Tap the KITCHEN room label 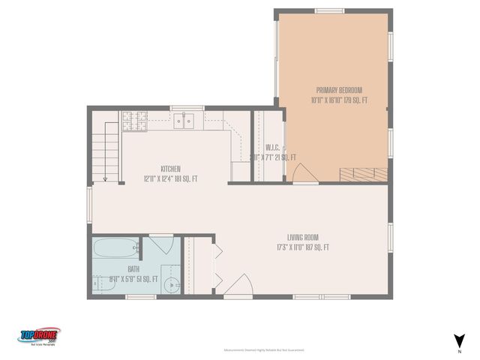pos(170,169)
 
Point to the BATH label pos(133,268)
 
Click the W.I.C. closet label pos(272,147)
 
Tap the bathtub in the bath pos(116,247)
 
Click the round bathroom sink pos(172,285)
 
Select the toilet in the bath pos(102,283)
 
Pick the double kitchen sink pos(182,120)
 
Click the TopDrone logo pos(39,336)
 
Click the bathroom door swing pos(160,245)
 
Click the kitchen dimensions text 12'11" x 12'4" pos(170,178)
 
